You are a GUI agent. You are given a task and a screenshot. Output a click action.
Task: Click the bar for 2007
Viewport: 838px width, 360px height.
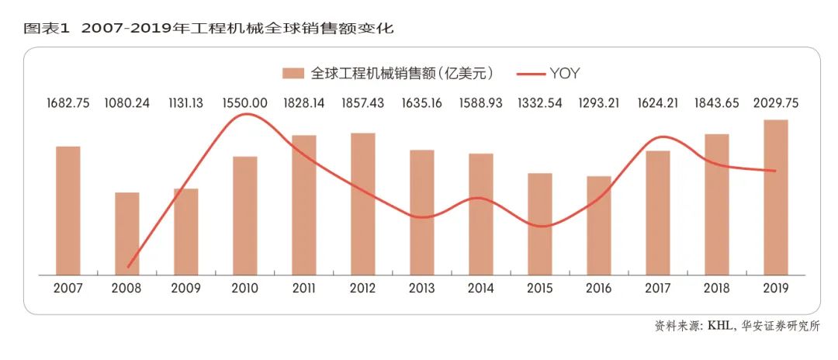point(68,210)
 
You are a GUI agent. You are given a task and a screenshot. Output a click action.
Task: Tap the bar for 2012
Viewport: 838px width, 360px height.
point(363,203)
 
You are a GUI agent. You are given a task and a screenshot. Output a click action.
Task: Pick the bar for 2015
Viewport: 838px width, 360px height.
point(540,223)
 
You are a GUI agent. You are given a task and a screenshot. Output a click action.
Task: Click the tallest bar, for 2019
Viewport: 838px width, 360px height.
point(776,197)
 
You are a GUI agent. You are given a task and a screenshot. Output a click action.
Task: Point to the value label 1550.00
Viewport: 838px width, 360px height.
point(245,102)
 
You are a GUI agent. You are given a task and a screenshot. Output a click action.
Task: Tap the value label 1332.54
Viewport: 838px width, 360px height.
point(540,102)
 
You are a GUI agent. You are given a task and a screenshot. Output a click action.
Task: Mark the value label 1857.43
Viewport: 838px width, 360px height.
point(363,102)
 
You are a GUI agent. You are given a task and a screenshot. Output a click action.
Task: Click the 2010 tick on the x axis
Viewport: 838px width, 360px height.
point(245,288)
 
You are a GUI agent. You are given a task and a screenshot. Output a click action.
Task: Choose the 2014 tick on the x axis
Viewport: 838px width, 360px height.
point(481,288)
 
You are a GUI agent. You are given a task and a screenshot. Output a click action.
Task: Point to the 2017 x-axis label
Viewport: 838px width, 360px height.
point(658,288)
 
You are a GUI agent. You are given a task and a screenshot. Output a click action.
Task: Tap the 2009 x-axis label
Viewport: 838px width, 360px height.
point(186,288)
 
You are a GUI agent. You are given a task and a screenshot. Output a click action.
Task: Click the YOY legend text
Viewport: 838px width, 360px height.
point(565,74)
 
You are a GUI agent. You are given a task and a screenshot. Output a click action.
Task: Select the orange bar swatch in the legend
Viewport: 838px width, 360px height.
point(293,74)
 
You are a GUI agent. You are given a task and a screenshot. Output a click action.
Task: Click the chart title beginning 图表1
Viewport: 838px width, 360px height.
point(209,29)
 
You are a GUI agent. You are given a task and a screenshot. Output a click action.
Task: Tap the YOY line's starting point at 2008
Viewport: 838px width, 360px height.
point(128,267)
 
